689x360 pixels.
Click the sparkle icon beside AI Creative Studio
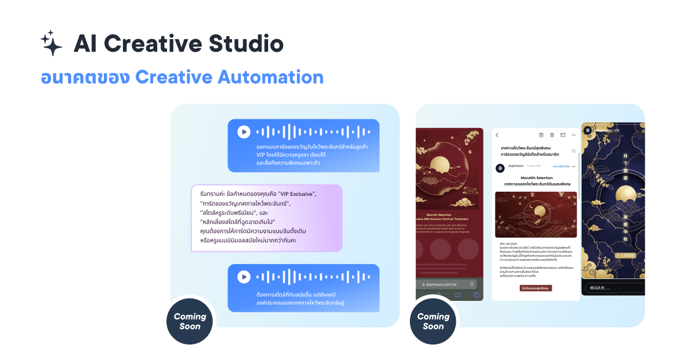click(51, 43)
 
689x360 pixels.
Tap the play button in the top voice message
click(244, 132)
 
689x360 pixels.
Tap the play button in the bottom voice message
click(244, 277)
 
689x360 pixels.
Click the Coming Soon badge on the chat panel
click(189, 321)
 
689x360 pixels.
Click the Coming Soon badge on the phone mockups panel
click(433, 321)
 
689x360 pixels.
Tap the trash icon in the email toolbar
click(552, 135)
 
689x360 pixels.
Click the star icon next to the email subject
click(573, 151)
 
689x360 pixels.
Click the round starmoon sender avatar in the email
click(500, 168)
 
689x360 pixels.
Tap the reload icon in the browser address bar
click(472, 284)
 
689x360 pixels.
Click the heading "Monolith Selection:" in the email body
click(536, 178)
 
